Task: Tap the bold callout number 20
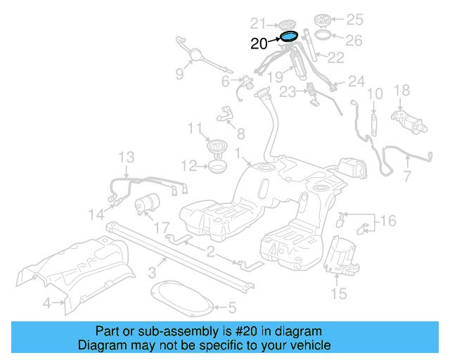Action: pyautogui.click(x=259, y=44)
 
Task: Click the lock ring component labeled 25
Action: pyautogui.click(x=324, y=18)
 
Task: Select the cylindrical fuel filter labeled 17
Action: pyautogui.click(x=148, y=204)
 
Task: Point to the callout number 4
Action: pyautogui.click(x=46, y=304)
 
